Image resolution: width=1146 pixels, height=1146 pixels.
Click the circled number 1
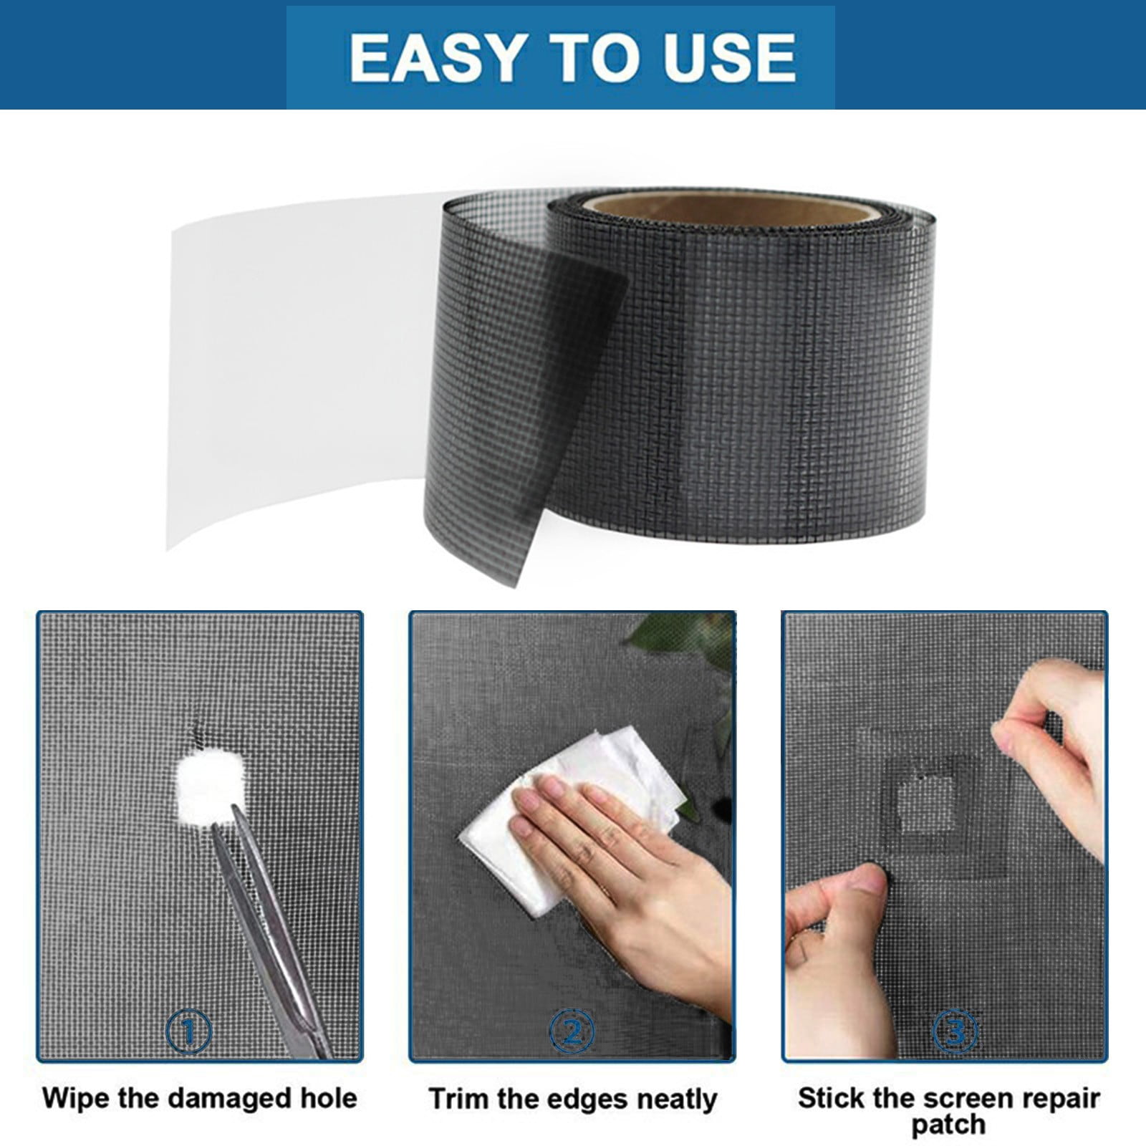pos(189,1032)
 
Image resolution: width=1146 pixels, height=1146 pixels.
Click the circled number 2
pos(572,1032)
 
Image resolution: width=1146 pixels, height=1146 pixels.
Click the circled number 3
pos(955,1032)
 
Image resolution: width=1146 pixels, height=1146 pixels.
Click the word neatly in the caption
pos(676,1099)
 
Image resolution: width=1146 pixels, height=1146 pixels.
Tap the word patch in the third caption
pos(948,1125)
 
